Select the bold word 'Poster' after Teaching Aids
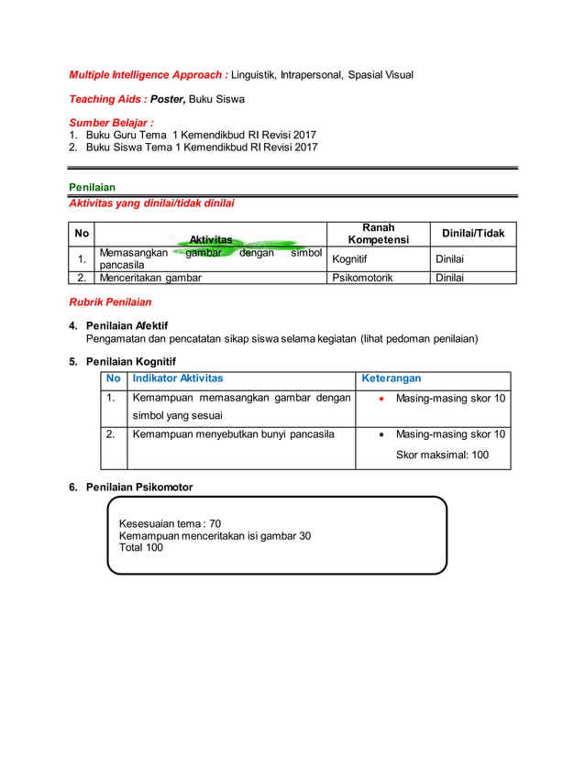(168, 98)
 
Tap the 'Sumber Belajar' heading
(112, 122)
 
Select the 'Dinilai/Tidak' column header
(473, 234)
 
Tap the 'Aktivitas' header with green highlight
(211, 239)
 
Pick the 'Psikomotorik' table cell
(362, 277)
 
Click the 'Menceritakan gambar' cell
(150, 277)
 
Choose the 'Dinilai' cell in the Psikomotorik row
(449, 277)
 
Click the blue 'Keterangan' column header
(392, 378)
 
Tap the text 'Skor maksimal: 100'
(442, 455)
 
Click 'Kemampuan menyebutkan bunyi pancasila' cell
(233, 433)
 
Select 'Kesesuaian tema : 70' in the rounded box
(171, 523)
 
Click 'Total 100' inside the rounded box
(141, 547)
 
